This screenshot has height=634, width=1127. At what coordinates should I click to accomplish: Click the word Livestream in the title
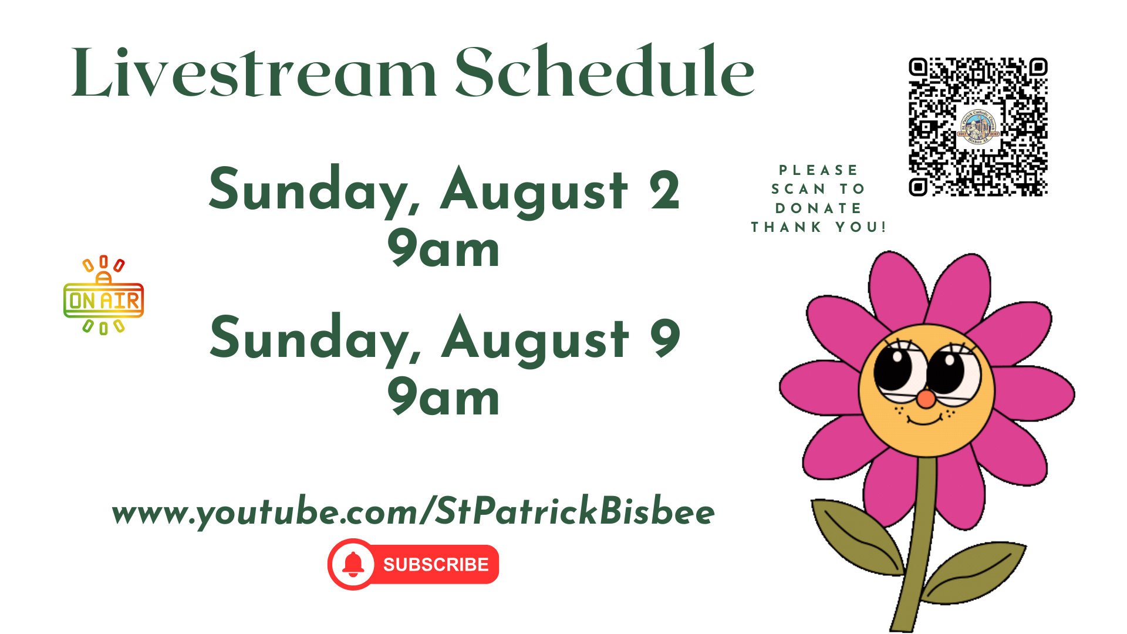254,72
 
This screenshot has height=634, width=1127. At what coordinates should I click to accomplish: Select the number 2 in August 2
664,190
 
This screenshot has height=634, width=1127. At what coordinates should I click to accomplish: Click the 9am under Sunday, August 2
443,249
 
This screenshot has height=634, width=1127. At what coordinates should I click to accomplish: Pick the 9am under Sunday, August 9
443,397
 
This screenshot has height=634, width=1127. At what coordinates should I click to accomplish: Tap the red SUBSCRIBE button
413,564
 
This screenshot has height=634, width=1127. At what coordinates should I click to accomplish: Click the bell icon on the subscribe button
353,564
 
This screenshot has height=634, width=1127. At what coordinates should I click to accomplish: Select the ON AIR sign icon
103,295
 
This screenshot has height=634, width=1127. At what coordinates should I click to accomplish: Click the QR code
978,127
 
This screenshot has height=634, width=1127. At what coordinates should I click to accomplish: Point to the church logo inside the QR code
978,127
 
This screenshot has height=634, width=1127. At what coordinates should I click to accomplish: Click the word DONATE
818,208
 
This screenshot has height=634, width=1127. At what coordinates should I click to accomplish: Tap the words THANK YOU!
818,227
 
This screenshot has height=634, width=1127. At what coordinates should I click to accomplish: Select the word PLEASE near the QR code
818,170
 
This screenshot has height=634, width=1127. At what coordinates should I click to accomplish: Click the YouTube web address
413,511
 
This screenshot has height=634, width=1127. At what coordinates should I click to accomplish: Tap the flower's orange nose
926,400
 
